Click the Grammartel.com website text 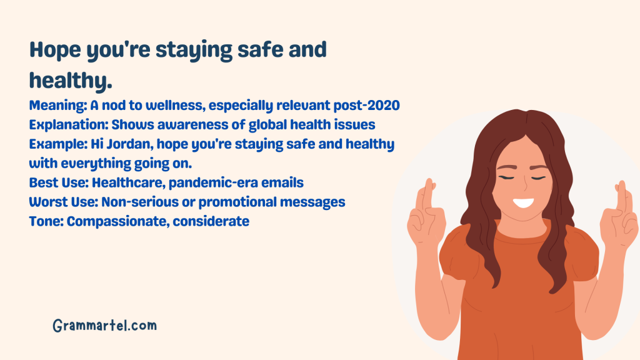(x=104, y=326)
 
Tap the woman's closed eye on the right (x=537, y=177)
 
